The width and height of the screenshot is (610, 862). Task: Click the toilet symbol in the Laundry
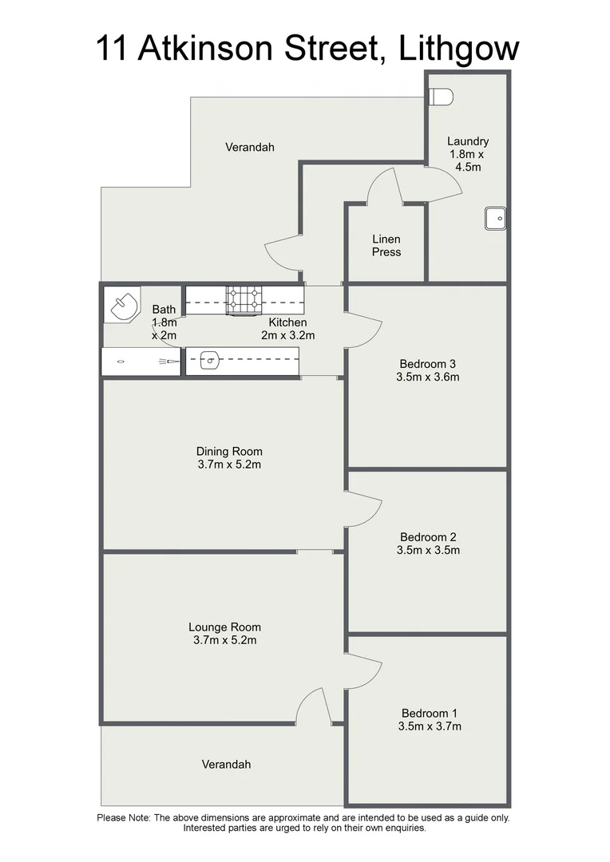coord(441,97)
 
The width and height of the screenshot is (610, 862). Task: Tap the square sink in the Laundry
coord(495,218)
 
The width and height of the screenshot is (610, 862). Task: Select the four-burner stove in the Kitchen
coord(244,299)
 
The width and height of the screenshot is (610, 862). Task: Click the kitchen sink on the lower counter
coord(209,361)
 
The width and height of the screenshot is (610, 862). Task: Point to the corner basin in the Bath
coord(123,304)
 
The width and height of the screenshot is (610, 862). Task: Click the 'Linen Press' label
coord(386,245)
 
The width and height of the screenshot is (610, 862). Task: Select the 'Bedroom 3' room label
coord(428,364)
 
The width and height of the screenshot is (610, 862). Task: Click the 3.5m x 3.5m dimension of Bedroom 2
coord(429,550)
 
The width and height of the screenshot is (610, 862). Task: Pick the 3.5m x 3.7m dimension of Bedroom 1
coord(429,726)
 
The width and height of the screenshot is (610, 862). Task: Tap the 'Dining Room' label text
coord(229,451)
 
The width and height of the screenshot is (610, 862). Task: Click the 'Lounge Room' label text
coord(224,627)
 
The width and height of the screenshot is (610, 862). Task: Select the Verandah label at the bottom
coord(226,764)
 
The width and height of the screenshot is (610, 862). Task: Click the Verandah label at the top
coord(249,147)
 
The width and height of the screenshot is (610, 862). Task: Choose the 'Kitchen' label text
coord(287,322)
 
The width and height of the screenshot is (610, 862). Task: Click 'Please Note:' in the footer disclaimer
coord(124,817)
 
